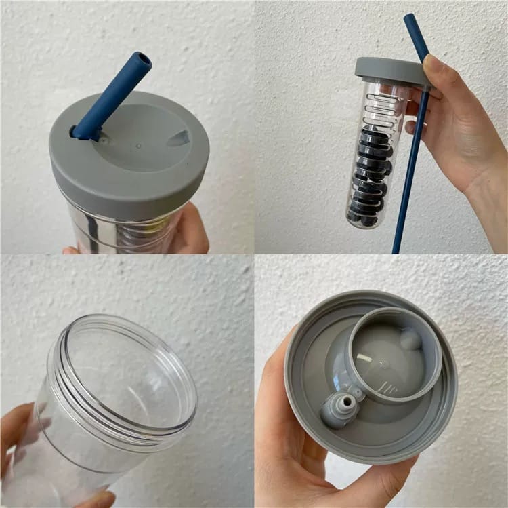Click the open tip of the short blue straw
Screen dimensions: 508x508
(143, 60)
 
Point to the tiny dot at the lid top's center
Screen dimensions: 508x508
(138, 145)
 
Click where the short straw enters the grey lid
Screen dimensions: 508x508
(85, 131)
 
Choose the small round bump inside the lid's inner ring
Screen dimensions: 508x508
(410, 338)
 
